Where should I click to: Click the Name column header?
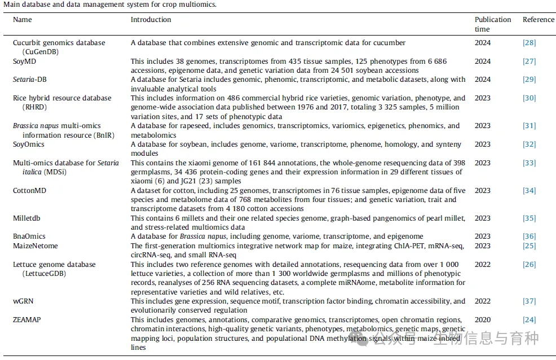click(23, 20)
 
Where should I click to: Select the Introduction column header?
click(151, 20)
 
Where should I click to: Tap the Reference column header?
click(538, 20)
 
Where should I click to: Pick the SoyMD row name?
click(24, 62)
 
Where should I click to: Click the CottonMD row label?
click(29, 191)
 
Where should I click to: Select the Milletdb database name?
click(27, 218)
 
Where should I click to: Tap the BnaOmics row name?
click(29, 236)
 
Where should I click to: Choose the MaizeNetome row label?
click(35, 246)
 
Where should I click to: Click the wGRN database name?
click(23, 301)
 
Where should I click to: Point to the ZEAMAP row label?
click(27, 320)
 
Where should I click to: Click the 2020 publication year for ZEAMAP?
click(483, 320)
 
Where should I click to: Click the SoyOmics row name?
click(29, 144)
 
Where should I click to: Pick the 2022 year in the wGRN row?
click(483, 301)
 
